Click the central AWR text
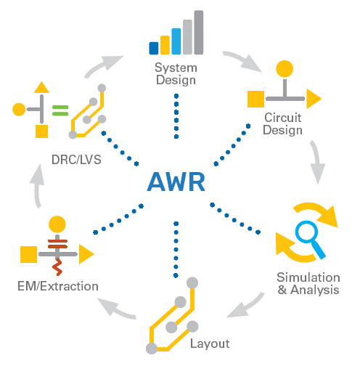(176, 182)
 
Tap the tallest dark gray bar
(199, 33)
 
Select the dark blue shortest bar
(154, 48)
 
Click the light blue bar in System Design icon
(176, 41)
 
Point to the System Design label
(176, 74)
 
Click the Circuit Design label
(282, 123)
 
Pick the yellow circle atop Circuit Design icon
(285, 69)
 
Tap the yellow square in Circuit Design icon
(255, 99)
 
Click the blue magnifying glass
(310, 239)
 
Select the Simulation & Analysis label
(308, 283)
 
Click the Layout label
(210, 344)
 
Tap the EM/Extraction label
(58, 286)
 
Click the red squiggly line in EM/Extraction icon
(57, 267)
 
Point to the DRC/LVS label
(76, 160)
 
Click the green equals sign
(60, 110)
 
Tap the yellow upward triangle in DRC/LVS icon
(41, 87)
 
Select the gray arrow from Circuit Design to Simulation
(316, 162)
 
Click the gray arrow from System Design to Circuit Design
(242, 60)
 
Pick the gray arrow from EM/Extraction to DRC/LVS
(37, 186)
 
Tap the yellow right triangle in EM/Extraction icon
(86, 254)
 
